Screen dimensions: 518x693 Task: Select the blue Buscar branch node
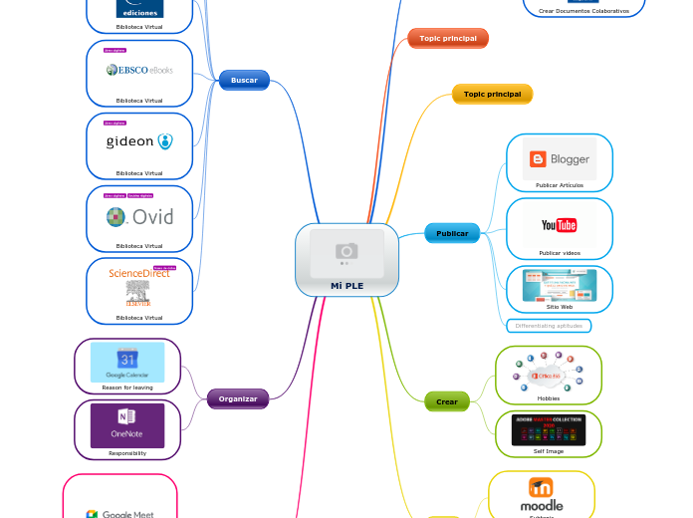244,80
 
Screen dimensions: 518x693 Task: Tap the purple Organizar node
238,398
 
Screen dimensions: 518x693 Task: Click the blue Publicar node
452,234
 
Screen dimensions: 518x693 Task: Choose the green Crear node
447,401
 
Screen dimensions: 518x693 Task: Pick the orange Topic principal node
447,38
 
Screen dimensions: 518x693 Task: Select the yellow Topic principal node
492,94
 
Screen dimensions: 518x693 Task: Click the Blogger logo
559,158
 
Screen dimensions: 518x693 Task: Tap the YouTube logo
559,225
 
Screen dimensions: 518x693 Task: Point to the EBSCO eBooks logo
139,70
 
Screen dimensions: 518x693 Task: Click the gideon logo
139,141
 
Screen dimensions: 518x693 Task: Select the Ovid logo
139,215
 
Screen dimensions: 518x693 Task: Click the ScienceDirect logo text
138,273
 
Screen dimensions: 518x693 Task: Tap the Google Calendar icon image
127,362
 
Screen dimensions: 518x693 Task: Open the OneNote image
127,425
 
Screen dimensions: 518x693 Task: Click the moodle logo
542,493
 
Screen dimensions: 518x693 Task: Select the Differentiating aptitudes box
549,326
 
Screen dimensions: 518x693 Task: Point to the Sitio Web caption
560,307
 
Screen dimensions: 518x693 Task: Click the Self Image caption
548,451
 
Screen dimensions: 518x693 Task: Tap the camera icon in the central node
346,251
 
